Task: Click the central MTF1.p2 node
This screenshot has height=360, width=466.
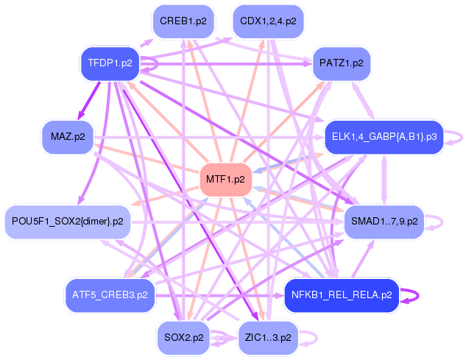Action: [226, 179]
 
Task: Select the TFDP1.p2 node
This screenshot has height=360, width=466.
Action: [110, 63]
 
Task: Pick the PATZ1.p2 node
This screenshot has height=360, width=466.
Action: [341, 63]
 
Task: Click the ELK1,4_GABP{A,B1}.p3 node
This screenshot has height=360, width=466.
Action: [384, 136]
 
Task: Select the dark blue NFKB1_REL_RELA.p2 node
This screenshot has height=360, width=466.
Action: [341, 295]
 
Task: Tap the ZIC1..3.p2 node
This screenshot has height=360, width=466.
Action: [266, 338]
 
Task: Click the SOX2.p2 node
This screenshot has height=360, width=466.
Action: [184, 338]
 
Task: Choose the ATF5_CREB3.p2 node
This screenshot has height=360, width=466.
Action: [110, 295]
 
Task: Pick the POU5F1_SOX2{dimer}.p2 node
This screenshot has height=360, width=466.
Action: [68, 221]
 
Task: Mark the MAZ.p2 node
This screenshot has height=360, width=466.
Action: [68, 136]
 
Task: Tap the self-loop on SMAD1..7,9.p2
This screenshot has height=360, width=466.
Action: [441, 221]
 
